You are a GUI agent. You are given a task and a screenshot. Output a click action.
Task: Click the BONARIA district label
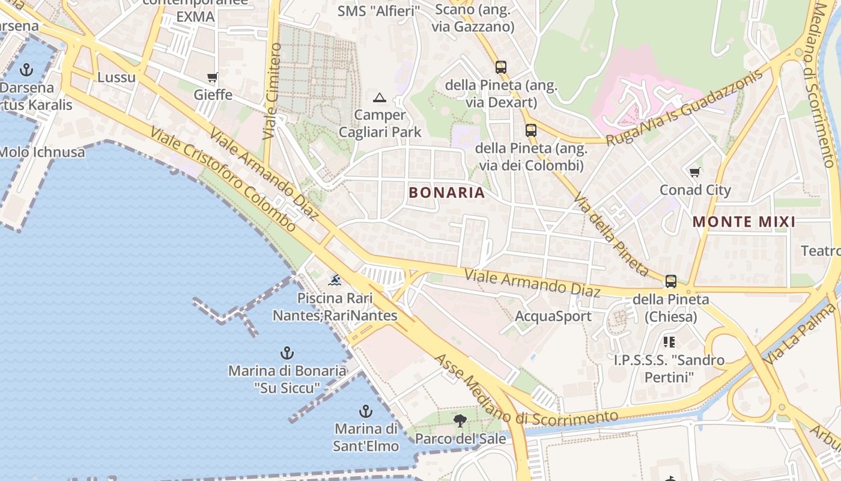(x=446, y=192)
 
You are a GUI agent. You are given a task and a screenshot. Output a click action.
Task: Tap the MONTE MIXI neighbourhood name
(x=744, y=222)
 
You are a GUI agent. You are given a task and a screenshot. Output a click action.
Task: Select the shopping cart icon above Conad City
(x=695, y=173)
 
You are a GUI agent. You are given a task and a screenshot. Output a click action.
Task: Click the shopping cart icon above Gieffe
(x=212, y=77)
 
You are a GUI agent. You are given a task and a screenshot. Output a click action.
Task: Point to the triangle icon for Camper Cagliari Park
(x=380, y=97)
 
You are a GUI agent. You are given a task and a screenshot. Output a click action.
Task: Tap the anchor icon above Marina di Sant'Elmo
(x=366, y=411)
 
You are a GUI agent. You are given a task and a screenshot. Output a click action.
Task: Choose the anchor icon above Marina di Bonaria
(x=287, y=353)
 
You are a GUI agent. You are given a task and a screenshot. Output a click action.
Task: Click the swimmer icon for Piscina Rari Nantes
(x=335, y=280)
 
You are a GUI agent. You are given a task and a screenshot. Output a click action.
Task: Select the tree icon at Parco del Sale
(x=460, y=421)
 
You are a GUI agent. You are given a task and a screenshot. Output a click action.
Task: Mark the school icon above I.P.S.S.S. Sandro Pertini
(x=669, y=342)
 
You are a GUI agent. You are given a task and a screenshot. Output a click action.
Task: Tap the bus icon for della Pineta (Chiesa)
(x=671, y=281)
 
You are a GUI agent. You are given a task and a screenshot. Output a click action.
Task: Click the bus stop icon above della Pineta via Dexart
(x=501, y=67)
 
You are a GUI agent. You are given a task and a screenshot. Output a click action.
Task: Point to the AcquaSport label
(x=553, y=316)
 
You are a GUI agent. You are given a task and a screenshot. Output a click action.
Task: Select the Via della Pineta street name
(x=610, y=234)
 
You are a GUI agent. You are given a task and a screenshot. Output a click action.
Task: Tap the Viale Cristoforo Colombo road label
(x=223, y=179)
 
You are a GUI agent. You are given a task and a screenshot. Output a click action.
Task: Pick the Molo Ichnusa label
(x=42, y=152)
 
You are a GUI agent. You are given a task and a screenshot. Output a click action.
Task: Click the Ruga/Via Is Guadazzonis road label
(x=685, y=106)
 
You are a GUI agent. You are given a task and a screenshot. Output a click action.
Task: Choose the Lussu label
(x=117, y=77)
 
